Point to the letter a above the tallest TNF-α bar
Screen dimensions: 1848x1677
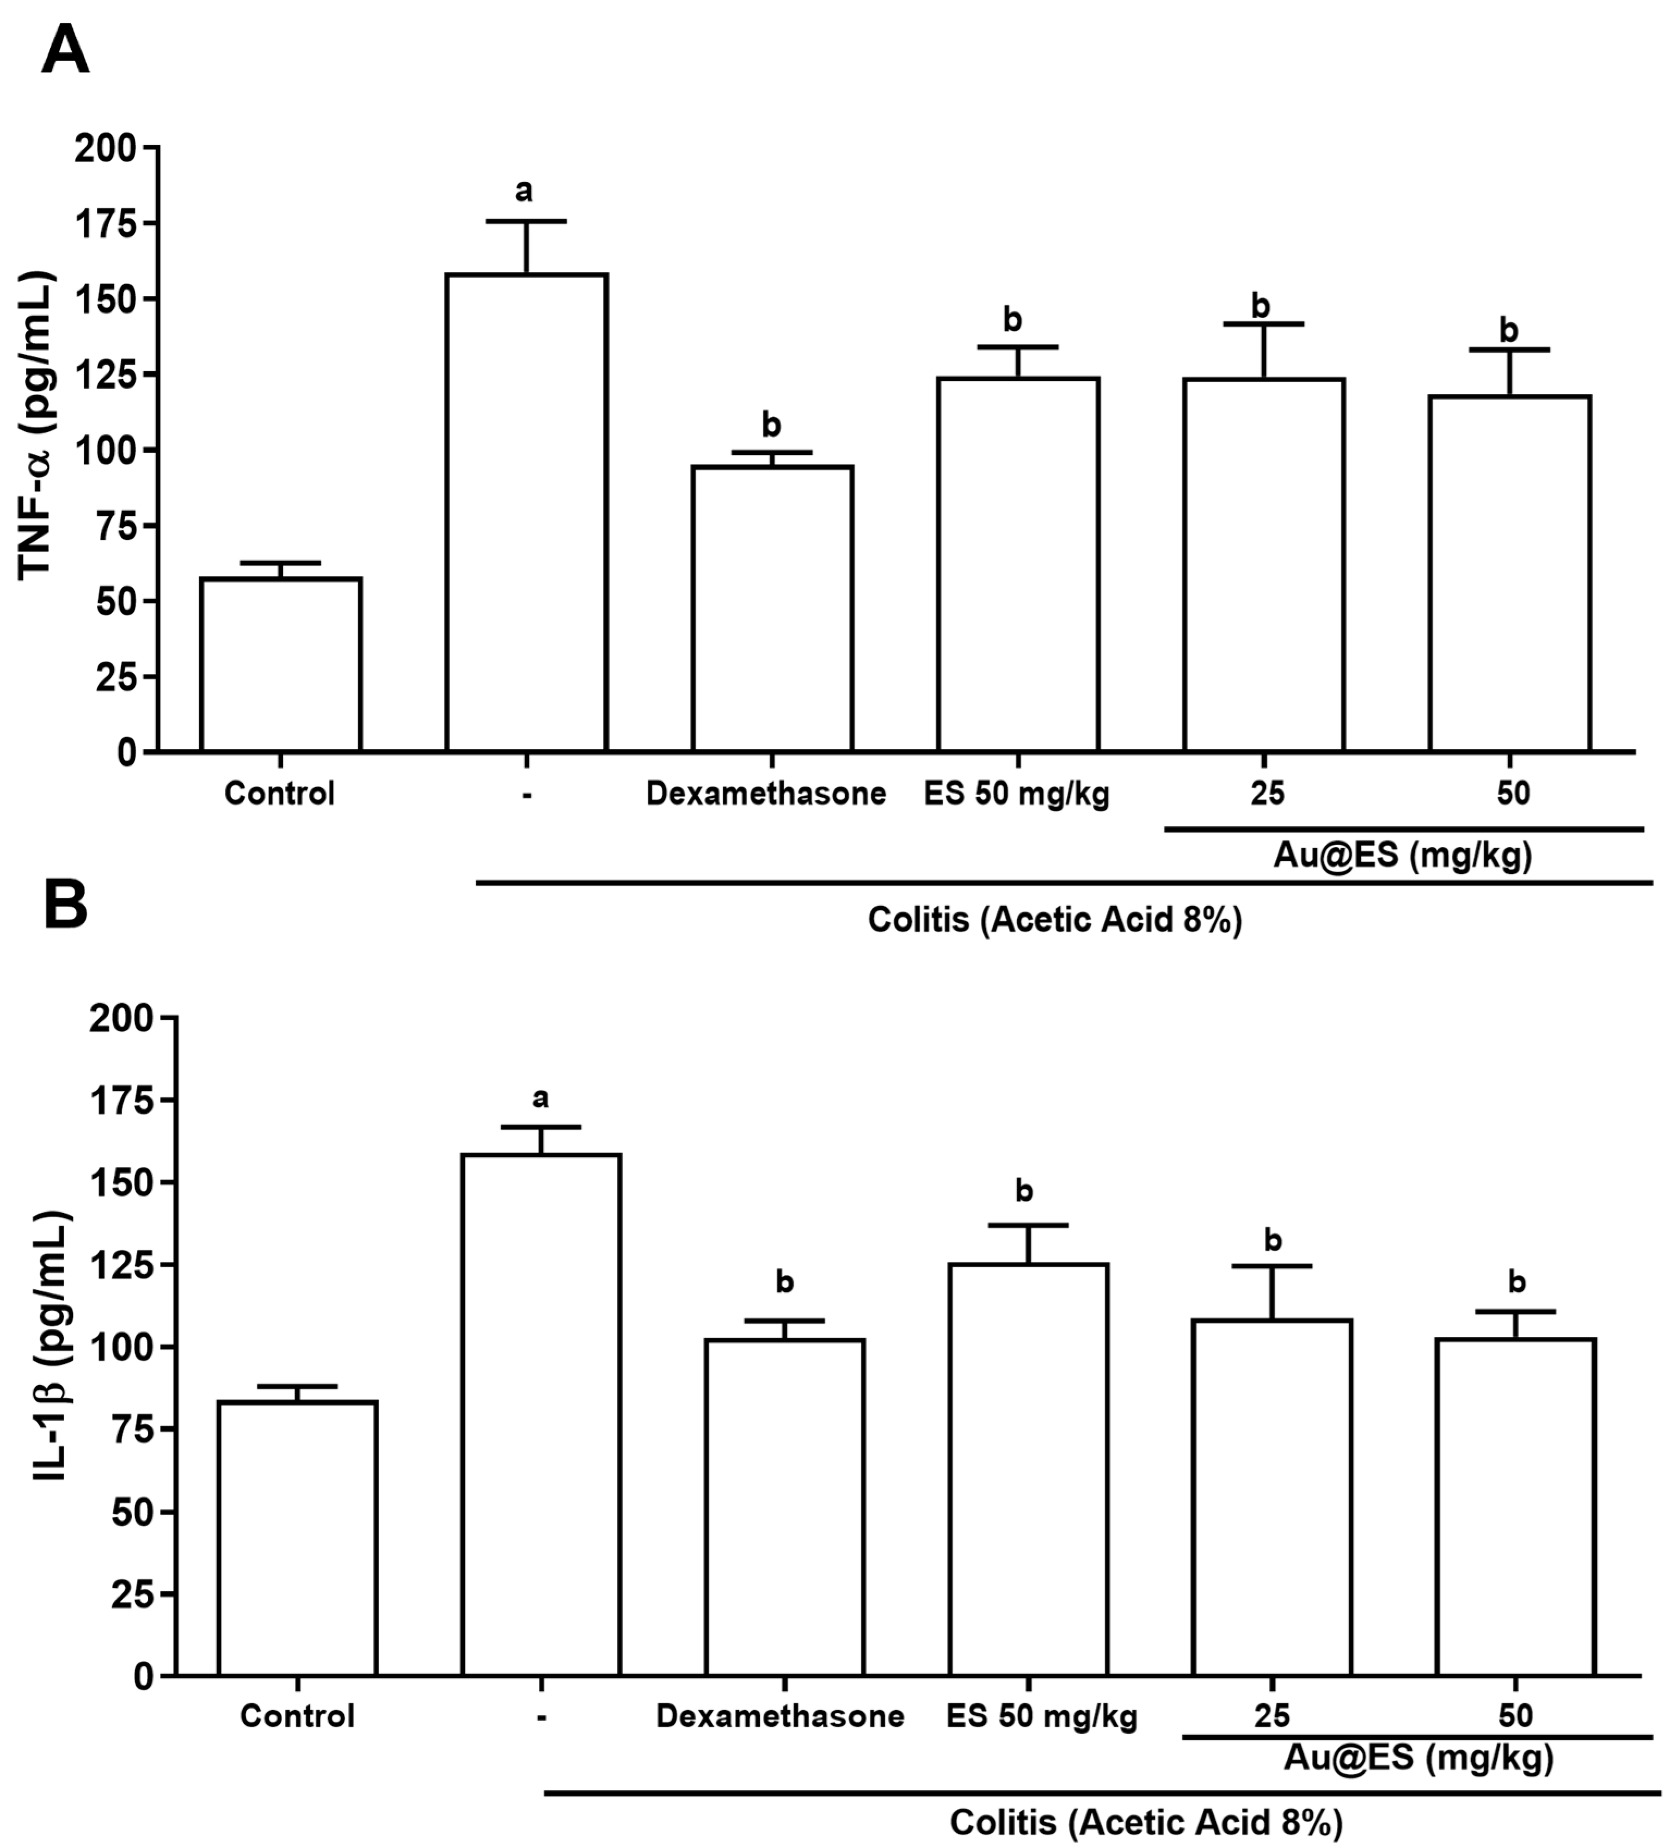coord(523,191)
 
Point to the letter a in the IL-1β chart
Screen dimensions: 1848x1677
coord(540,1097)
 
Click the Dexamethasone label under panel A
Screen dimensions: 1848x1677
coord(765,793)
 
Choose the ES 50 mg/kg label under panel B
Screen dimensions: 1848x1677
coord(1042,1716)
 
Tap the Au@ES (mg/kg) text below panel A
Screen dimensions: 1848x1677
coord(1402,855)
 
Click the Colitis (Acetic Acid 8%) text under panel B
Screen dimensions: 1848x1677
coord(1146,1821)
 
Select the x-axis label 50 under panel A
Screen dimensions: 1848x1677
coord(1513,793)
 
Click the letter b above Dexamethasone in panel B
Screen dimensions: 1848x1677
coord(784,1282)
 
